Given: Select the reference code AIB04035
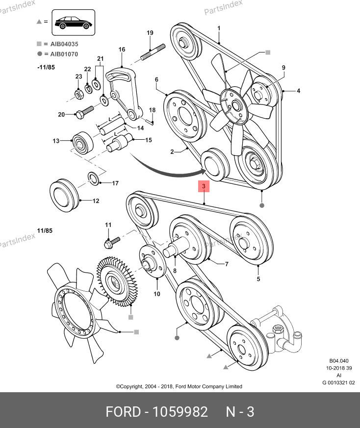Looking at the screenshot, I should pos(64,44).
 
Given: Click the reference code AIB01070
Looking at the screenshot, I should pos(64,54).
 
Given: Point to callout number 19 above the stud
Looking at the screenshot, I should pos(150,33).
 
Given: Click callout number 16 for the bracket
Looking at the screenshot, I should pos(122,50).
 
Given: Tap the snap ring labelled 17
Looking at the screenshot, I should pos(93,178).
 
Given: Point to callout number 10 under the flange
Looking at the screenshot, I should pos(157,294).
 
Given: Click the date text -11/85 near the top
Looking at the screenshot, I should pos(46,66).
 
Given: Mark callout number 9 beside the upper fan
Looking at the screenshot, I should pos(283,68).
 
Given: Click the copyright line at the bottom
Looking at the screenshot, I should pos(179,386).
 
